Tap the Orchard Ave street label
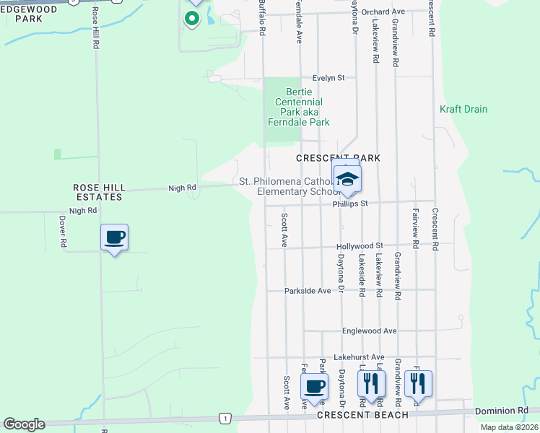383,12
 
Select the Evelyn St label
329,77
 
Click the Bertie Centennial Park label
303,107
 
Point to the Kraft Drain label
463,110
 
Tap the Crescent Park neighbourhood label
338,158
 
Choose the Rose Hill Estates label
99,192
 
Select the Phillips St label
350,204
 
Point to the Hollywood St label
359,246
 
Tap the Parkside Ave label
308,291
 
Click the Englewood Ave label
370,331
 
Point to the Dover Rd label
63,232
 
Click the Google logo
24,424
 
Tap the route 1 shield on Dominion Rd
226,419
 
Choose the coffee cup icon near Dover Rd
115,237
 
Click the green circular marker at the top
192,18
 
